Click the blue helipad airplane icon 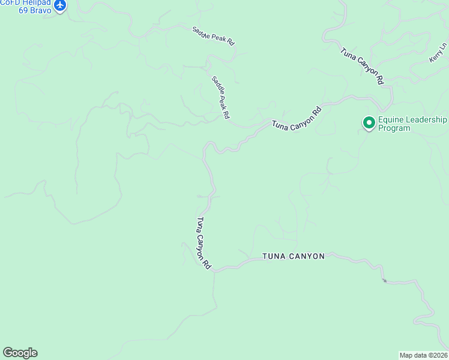[59, 5]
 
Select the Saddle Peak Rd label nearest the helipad [213, 35]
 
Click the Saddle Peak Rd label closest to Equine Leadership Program [221, 97]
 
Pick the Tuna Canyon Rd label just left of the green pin [297, 118]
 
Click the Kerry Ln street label [438, 53]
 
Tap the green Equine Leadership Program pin [368, 123]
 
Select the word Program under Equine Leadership [394, 128]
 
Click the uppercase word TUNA [274, 256]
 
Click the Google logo [20, 353]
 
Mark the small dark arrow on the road [384, 280]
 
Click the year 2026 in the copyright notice [440, 355]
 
